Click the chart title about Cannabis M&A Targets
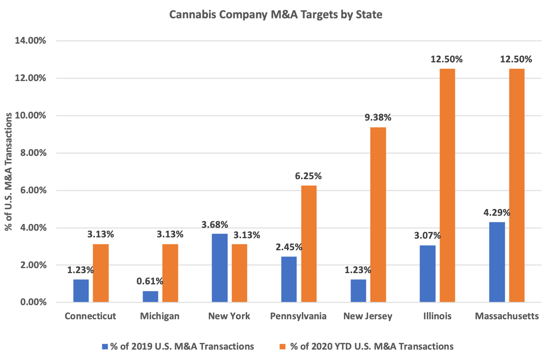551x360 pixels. click(x=275, y=15)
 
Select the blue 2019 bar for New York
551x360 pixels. click(x=220, y=268)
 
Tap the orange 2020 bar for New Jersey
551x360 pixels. click(x=378, y=215)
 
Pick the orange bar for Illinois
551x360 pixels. click(x=447, y=185)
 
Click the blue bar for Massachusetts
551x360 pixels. click(x=497, y=262)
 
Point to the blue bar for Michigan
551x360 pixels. click(x=150, y=296)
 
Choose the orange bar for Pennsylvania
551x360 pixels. click(x=309, y=244)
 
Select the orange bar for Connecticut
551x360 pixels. click(x=101, y=273)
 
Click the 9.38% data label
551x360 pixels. click(x=378, y=118)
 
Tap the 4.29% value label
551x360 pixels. click(x=497, y=212)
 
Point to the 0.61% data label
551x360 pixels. click(x=150, y=281)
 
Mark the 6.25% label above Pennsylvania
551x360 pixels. click(x=308, y=176)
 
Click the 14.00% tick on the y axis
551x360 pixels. click(x=31, y=41)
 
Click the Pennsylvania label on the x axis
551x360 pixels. click(x=298, y=316)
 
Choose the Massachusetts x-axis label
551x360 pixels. click(x=507, y=316)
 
